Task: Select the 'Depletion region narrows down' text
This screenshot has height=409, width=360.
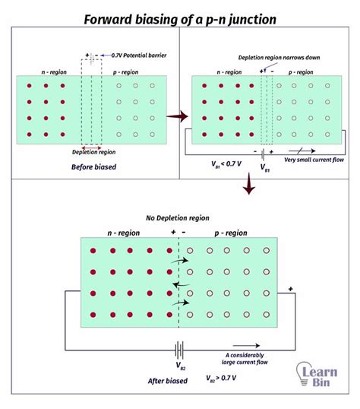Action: pyautogui.click(x=270, y=58)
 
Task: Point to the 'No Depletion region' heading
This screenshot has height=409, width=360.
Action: pyautogui.click(x=180, y=217)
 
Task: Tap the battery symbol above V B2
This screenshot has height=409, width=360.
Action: pyautogui.click(x=180, y=350)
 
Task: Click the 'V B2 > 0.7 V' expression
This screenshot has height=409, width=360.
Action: pyautogui.click(x=226, y=377)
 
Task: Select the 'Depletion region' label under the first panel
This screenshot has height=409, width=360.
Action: pyautogui.click(x=90, y=152)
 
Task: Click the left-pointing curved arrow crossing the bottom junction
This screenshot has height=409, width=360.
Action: pyautogui.click(x=179, y=285)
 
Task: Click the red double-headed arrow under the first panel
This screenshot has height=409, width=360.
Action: pyautogui.click(x=90, y=145)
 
